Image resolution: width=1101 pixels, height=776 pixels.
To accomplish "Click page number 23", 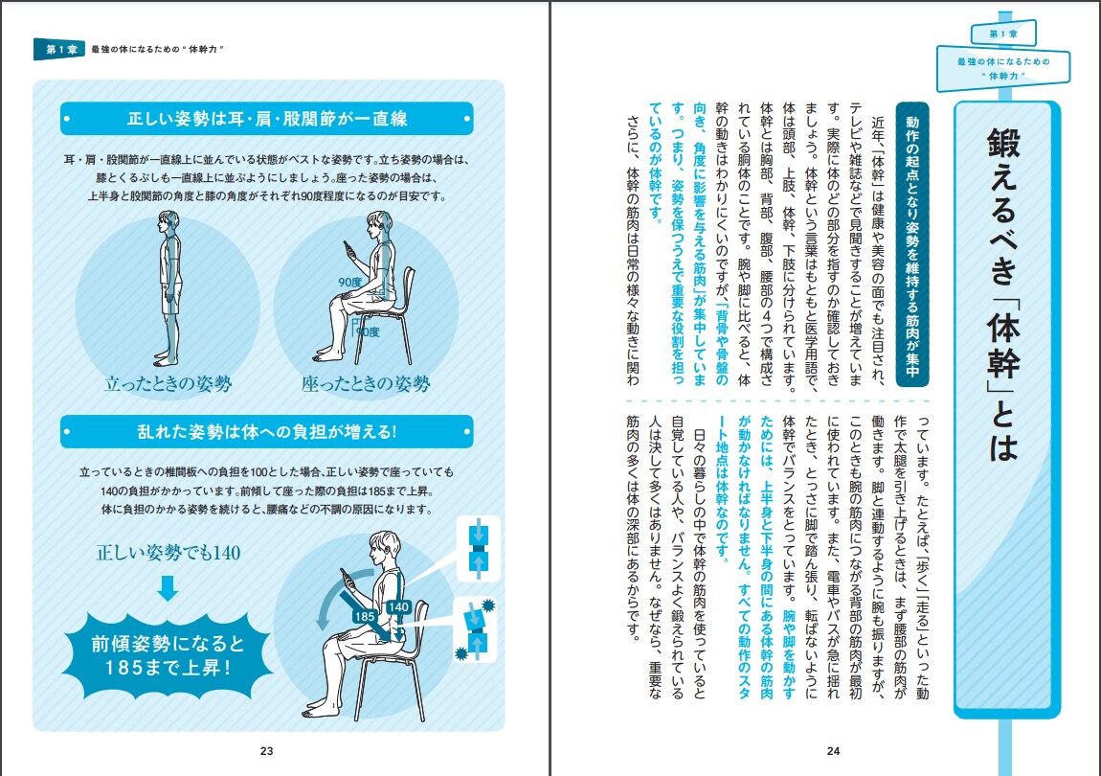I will (x=267, y=750).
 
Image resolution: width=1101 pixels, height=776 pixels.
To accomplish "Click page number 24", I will (x=833, y=750).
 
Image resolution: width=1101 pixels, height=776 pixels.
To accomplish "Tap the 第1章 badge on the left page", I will (x=58, y=50).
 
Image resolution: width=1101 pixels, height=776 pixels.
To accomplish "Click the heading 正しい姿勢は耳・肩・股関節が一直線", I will (x=267, y=120).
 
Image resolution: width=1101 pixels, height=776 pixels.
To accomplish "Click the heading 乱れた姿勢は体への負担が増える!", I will (x=267, y=431).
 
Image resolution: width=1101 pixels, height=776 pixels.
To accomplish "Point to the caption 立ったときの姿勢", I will (x=168, y=384).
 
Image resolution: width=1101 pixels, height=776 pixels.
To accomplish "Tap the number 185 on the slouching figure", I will (x=365, y=616).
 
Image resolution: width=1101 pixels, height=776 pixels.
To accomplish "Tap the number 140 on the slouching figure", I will (x=398, y=606).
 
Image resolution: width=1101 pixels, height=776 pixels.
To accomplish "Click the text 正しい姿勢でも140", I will (x=168, y=553).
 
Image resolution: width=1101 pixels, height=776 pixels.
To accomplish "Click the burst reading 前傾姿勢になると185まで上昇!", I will (x=168, y=652).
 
